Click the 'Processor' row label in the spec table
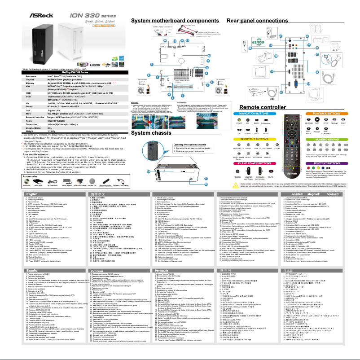pyautogui.click(x=14, y=77)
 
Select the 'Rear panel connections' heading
pyautogui.click(x=257, y=21)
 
